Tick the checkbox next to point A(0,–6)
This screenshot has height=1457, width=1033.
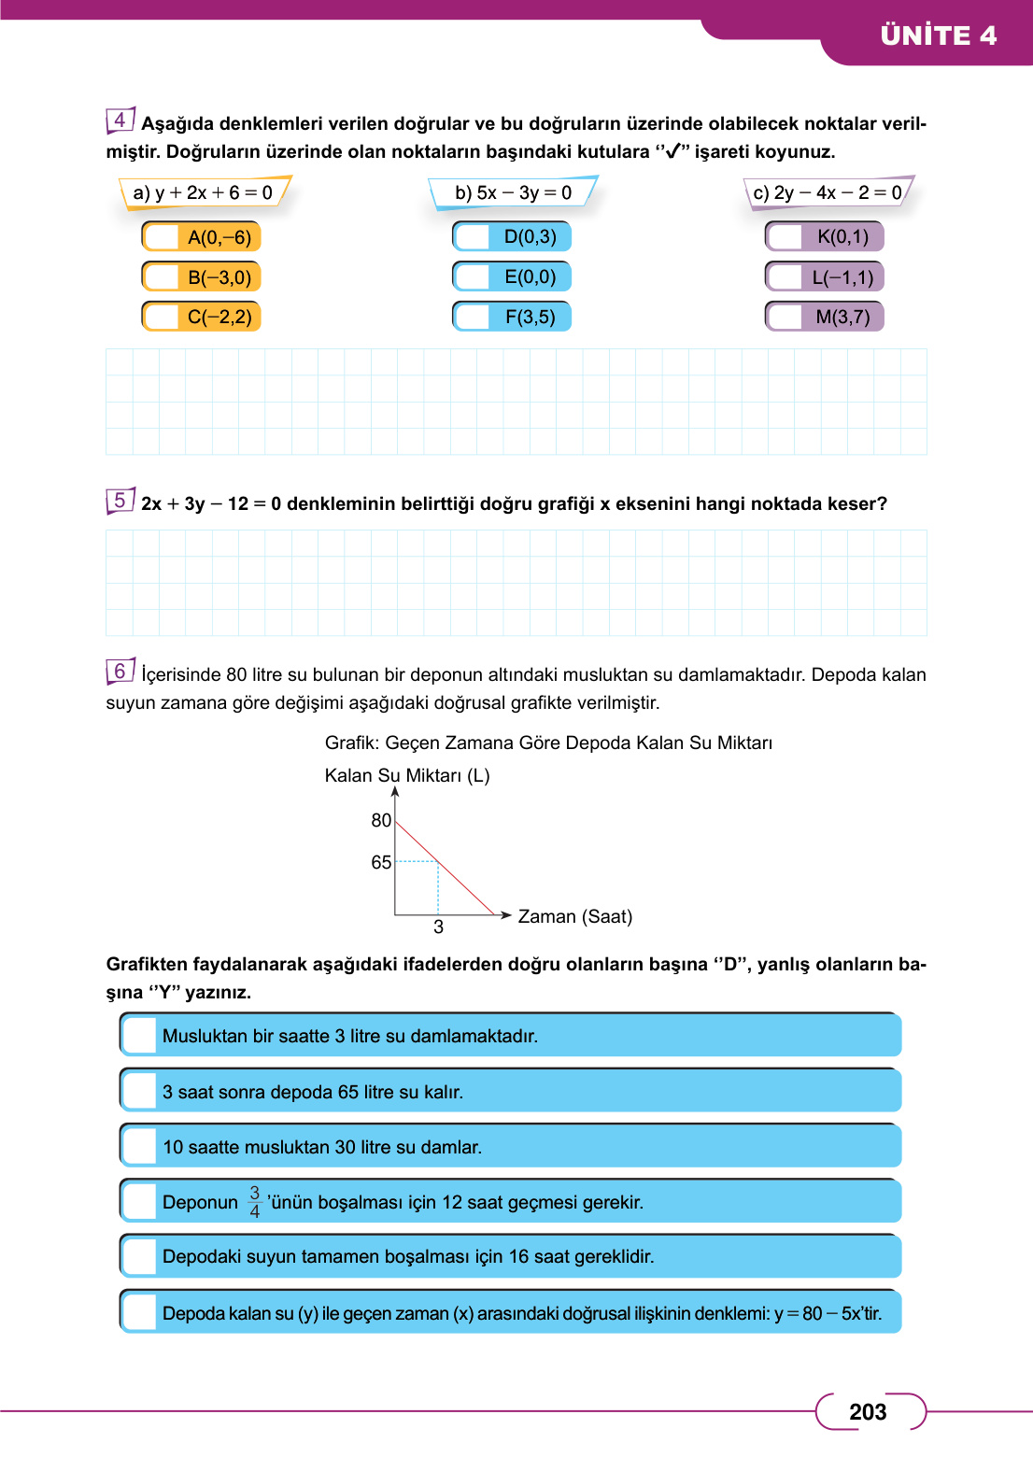(x=163, y=237)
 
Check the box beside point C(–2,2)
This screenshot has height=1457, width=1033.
(x=163, y=318)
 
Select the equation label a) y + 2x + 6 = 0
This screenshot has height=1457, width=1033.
(x=204, y=193)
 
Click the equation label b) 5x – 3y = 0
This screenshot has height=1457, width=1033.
(x=513, y=193)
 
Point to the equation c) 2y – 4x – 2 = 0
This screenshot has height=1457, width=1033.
(x=828, y=193)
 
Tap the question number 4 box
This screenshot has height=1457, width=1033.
(x=120, y=120)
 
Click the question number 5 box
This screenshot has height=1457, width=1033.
(x=120, y=501)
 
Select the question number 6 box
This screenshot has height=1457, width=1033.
(x=120, y=672)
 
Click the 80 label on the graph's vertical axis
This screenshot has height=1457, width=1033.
(x=381, y=821)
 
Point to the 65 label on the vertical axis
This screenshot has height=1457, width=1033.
(x=381, y=863)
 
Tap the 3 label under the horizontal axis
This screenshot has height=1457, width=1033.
(x=438, y=927)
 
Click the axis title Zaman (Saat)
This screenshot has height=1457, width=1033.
(x=574, y=917)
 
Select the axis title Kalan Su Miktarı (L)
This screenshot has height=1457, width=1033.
(x=407, y=776)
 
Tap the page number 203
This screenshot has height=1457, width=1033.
(x=868, y=1412)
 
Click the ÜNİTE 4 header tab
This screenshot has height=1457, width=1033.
(x=938, y=35)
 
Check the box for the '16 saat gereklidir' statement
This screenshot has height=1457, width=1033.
(x=140, y=1257)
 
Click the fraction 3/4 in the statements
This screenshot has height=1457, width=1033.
(x=254, y=1202)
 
